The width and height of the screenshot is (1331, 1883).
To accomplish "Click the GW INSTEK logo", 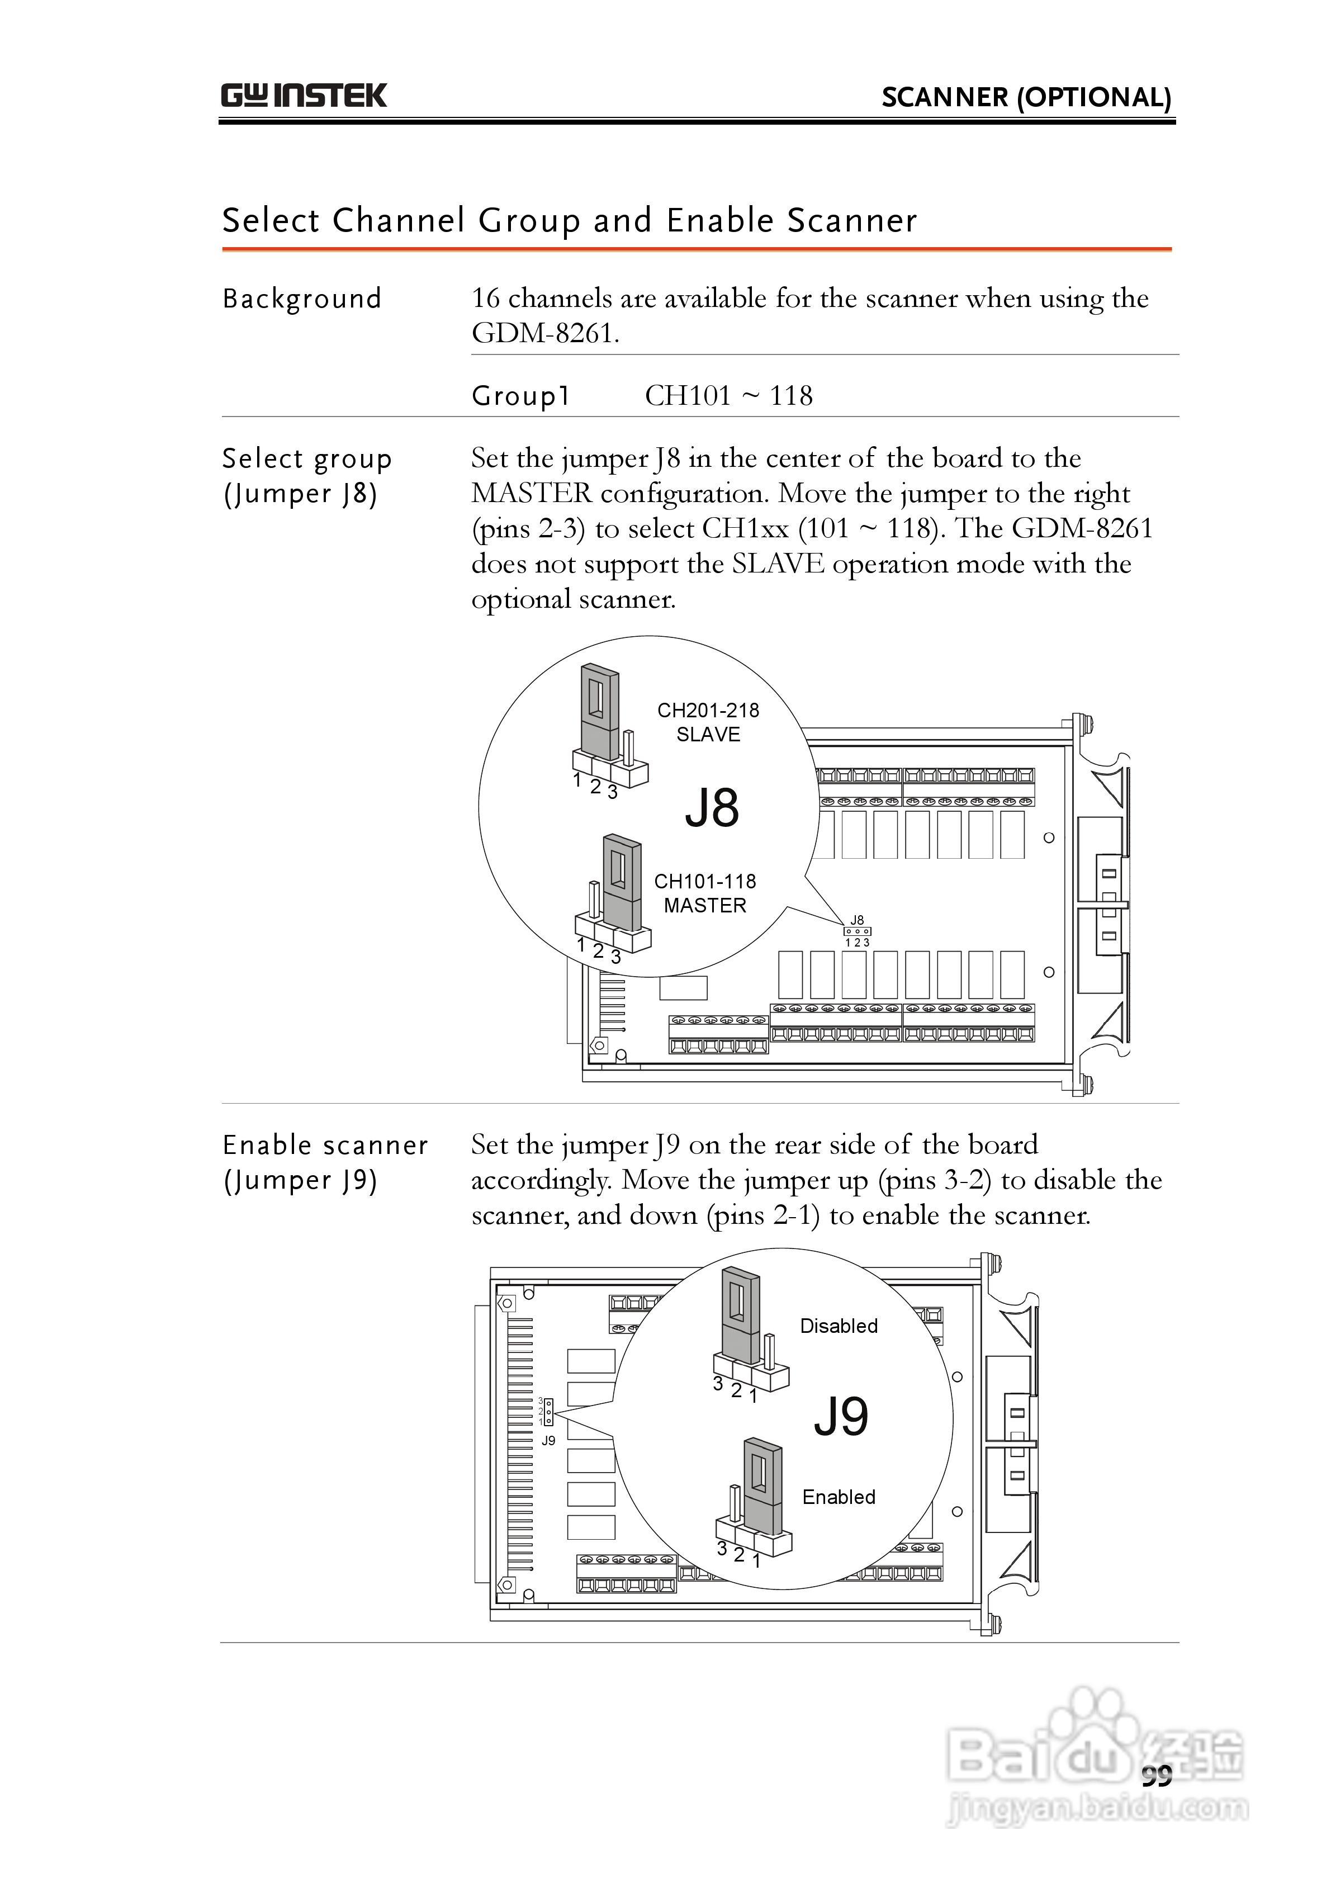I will tap(304, 96).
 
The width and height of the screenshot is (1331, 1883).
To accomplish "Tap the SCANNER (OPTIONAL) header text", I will tap(1026, 98).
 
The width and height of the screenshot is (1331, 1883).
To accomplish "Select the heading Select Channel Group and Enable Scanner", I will tap(569, 221).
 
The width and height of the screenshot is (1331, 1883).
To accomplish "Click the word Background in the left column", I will tap(302, 299).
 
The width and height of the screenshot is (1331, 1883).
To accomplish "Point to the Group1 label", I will tap(520, 396).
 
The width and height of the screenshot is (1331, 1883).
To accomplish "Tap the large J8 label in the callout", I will tap(712, 808).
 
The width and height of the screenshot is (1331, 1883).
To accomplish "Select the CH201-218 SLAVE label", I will tap(708, 722).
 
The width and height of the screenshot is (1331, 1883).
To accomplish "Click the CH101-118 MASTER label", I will tap(704, 893).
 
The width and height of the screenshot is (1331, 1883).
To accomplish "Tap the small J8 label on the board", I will tap(857, 920).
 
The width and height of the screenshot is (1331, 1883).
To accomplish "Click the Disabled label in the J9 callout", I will tap(838, 1326).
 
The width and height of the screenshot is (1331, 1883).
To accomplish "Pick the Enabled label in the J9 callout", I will tap(838, 1497).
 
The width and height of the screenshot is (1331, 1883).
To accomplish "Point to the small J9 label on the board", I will tap(548, 1441).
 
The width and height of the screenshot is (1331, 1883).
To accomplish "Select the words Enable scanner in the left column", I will tap(325, 1146).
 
